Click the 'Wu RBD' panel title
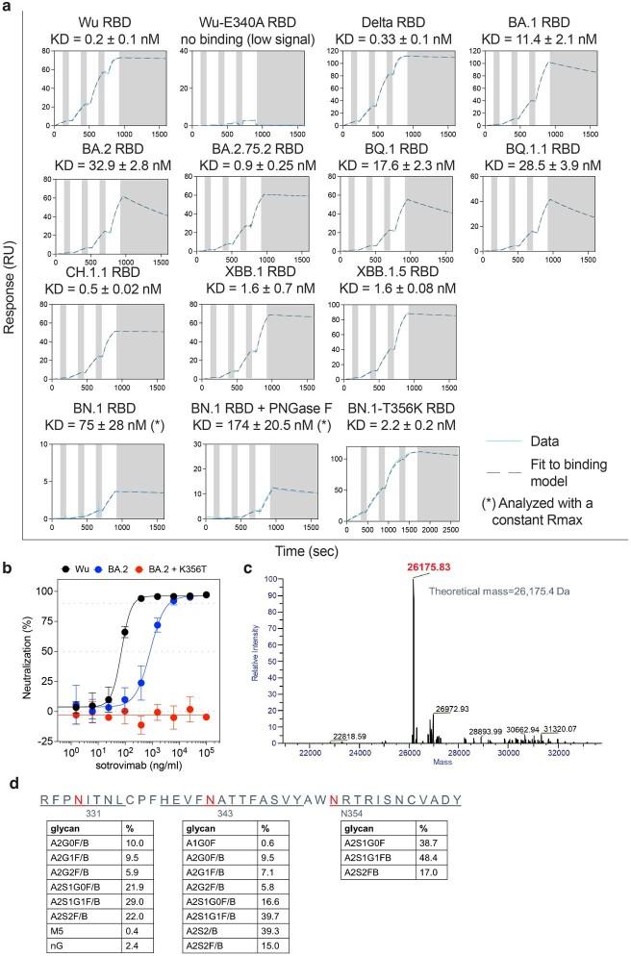click(100, 19)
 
